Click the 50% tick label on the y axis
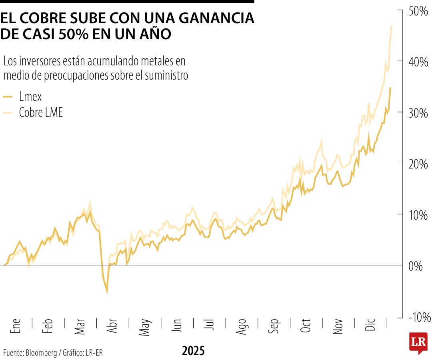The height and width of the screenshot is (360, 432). point(418,11)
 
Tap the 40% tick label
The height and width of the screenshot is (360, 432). point(418,62)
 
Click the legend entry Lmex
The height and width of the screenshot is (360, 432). point(30,96)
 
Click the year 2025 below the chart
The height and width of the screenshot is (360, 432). point(193,351)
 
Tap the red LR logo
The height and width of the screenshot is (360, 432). point(418,342)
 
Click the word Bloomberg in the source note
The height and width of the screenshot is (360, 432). point(41,353)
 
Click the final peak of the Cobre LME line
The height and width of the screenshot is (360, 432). point(391,25)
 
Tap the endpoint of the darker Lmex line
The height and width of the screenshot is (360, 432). point(390,88)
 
